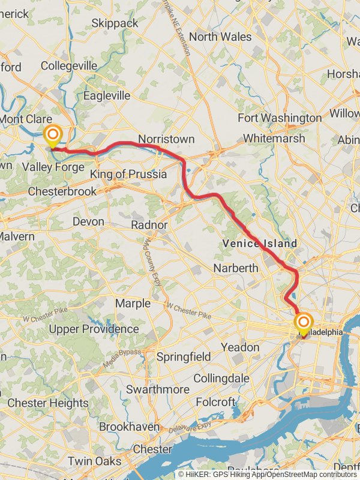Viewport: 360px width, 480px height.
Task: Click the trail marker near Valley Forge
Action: coord(52,135)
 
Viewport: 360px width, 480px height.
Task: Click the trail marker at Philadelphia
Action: coord(304,323)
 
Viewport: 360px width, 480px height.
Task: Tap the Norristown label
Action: coord(166,139)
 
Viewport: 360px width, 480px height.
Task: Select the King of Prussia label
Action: coord(128,175)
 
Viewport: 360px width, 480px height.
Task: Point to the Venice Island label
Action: coord(259,244)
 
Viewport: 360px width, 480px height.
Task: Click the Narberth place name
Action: coord(236,268)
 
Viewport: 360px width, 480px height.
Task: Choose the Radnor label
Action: coord(149,225)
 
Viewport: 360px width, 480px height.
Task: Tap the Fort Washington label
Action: coord(280,118)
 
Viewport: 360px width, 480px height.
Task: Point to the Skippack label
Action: coord(115,23)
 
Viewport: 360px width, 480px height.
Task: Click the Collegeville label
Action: coord(69,65)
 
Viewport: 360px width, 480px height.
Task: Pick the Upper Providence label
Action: coord(94,329)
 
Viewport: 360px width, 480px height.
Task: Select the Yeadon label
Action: coord(240,347)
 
